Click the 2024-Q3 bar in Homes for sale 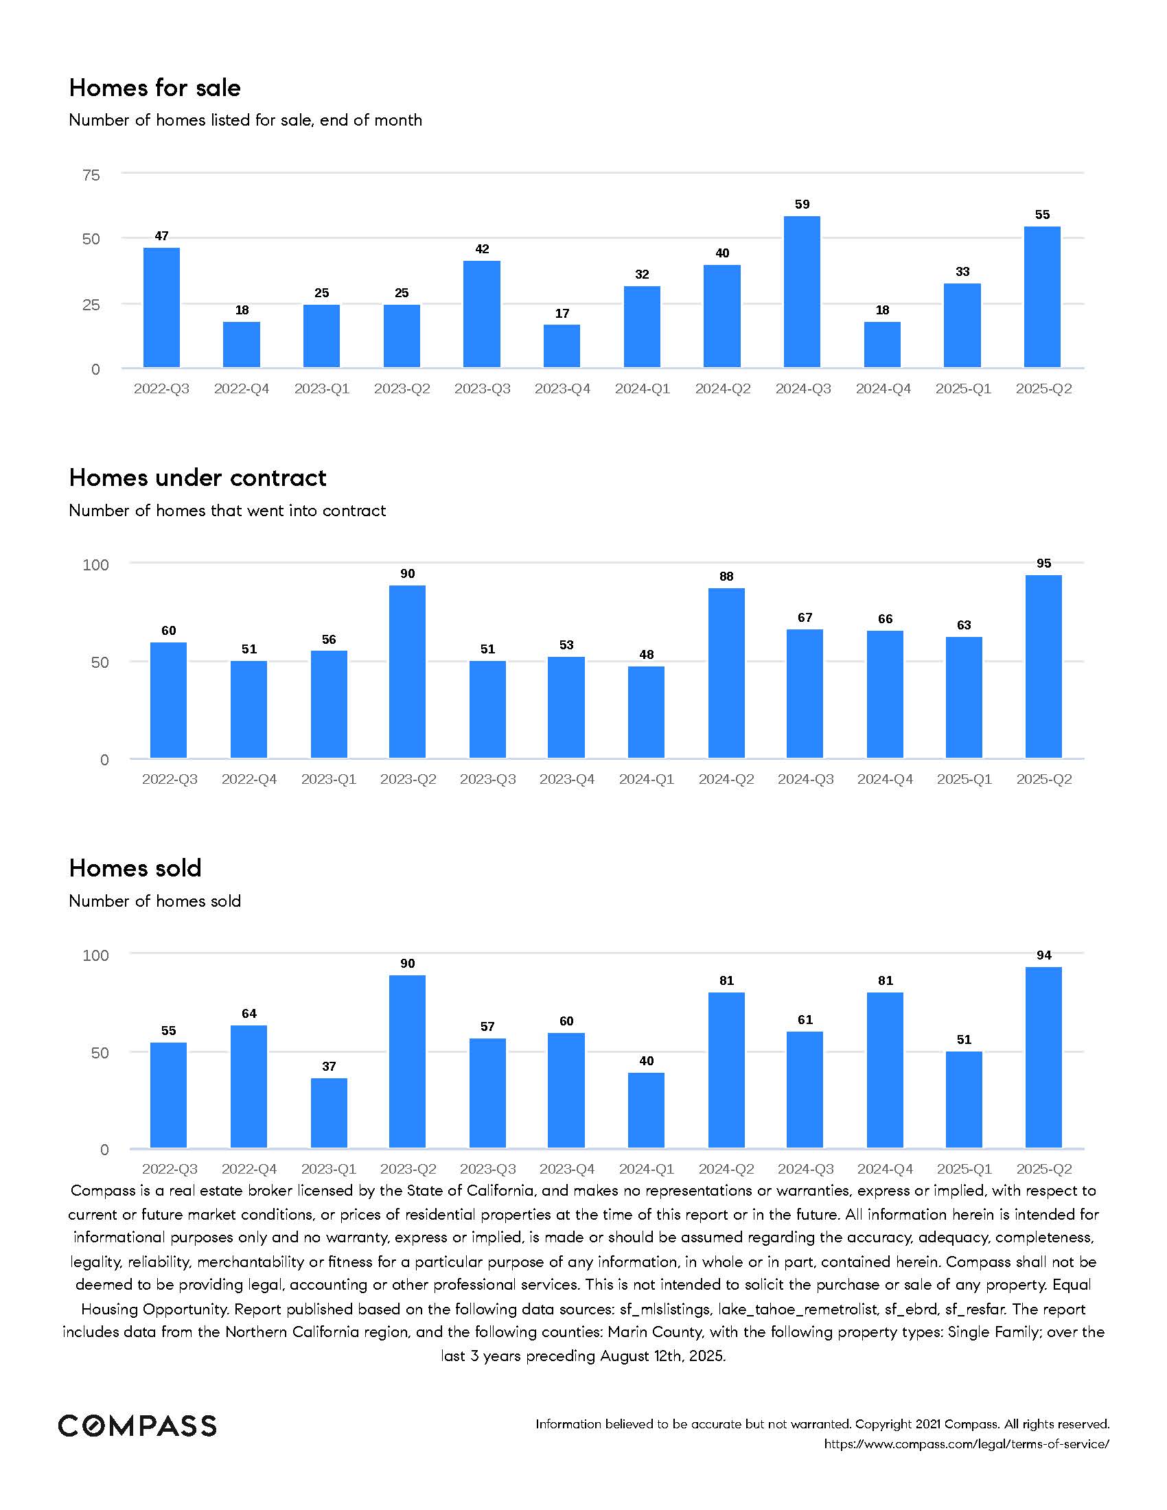[802, 292]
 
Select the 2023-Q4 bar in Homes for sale [562, 346]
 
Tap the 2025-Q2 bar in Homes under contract [1043, 666]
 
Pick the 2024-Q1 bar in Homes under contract [646, 712]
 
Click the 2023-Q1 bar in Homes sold [328, 1113]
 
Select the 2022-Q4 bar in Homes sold [249, 1087]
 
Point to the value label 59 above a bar [802, 204]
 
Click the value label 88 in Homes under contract [726, 576]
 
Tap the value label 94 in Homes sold [1043, 955]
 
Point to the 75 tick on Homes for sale [91, 175]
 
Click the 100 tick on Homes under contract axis [96, 565]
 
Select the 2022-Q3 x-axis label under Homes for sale [161, 388]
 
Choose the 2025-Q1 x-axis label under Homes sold [964, 1168]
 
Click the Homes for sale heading [155, 88]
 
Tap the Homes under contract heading [198, 478]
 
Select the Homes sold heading [135, 868]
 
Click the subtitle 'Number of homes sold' [155, 901]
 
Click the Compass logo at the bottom [137, 1425]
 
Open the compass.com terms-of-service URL [967, 1443]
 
